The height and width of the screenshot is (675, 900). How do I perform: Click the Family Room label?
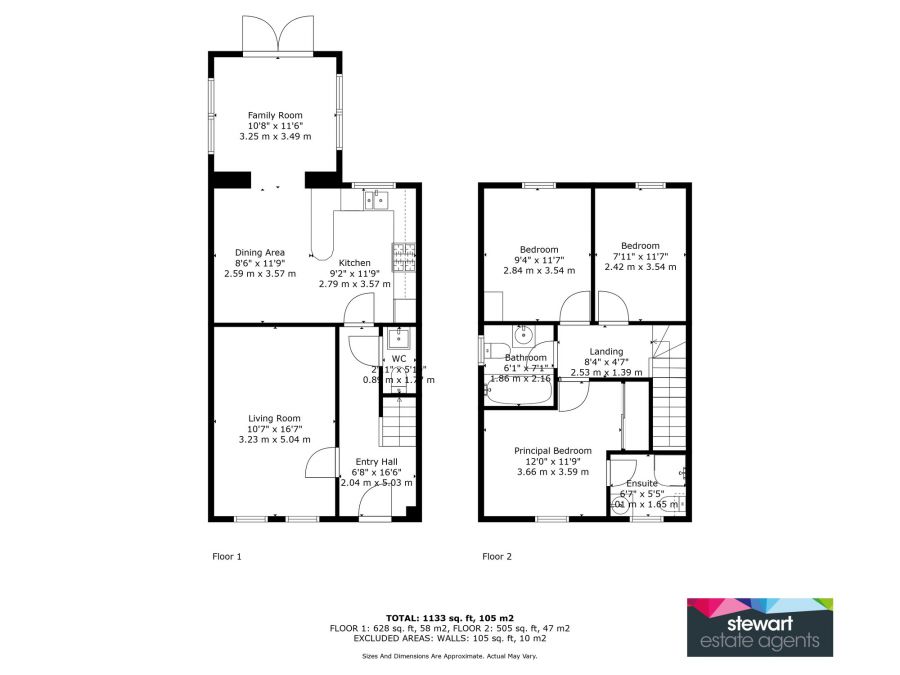[275, 115]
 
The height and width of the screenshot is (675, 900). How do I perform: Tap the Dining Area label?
[260, 252]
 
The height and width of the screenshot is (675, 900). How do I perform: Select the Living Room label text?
[274, 418]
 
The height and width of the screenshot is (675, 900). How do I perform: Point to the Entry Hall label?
[375, 461]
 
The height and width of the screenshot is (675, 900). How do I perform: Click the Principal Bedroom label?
[552, 451]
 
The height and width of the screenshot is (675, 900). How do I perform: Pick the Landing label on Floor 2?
[606, 351]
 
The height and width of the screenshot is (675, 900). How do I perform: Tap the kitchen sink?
[376, 200]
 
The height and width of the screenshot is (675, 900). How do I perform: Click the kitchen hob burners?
[403, 259]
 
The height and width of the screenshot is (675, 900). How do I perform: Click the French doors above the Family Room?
[275, 38]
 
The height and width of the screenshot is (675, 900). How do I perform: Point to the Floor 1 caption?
[227, 556]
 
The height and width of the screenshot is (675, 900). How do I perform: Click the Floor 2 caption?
[497, 556]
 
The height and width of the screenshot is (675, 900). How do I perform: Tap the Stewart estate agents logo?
[759, 627]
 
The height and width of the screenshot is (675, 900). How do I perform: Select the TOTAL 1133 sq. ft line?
[450, 618]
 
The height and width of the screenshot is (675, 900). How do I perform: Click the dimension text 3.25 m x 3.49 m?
[275, 136]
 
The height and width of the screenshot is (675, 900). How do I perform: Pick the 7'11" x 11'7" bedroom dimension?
[640, 257]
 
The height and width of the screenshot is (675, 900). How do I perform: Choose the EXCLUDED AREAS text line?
[450, 637]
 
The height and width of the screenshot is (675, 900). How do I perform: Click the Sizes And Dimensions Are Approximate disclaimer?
[450, 656]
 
